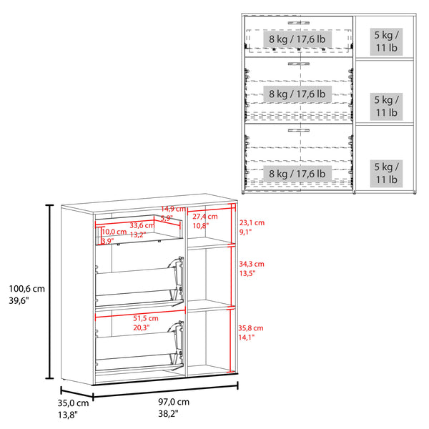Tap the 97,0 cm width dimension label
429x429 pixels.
pyautogui.click(x=173, y=403)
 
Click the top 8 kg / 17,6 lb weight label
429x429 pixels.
pyautogui.click(x=297, y=39)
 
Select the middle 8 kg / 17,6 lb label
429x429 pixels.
pyautogui.click(x=297, y=94)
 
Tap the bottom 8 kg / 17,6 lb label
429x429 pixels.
pyautogui.click(x=297, y=173)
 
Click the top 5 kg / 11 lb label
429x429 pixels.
pyautogui.click(x=387, y=41)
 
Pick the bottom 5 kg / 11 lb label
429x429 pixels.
pyautogui.click(x=387, y=173)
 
